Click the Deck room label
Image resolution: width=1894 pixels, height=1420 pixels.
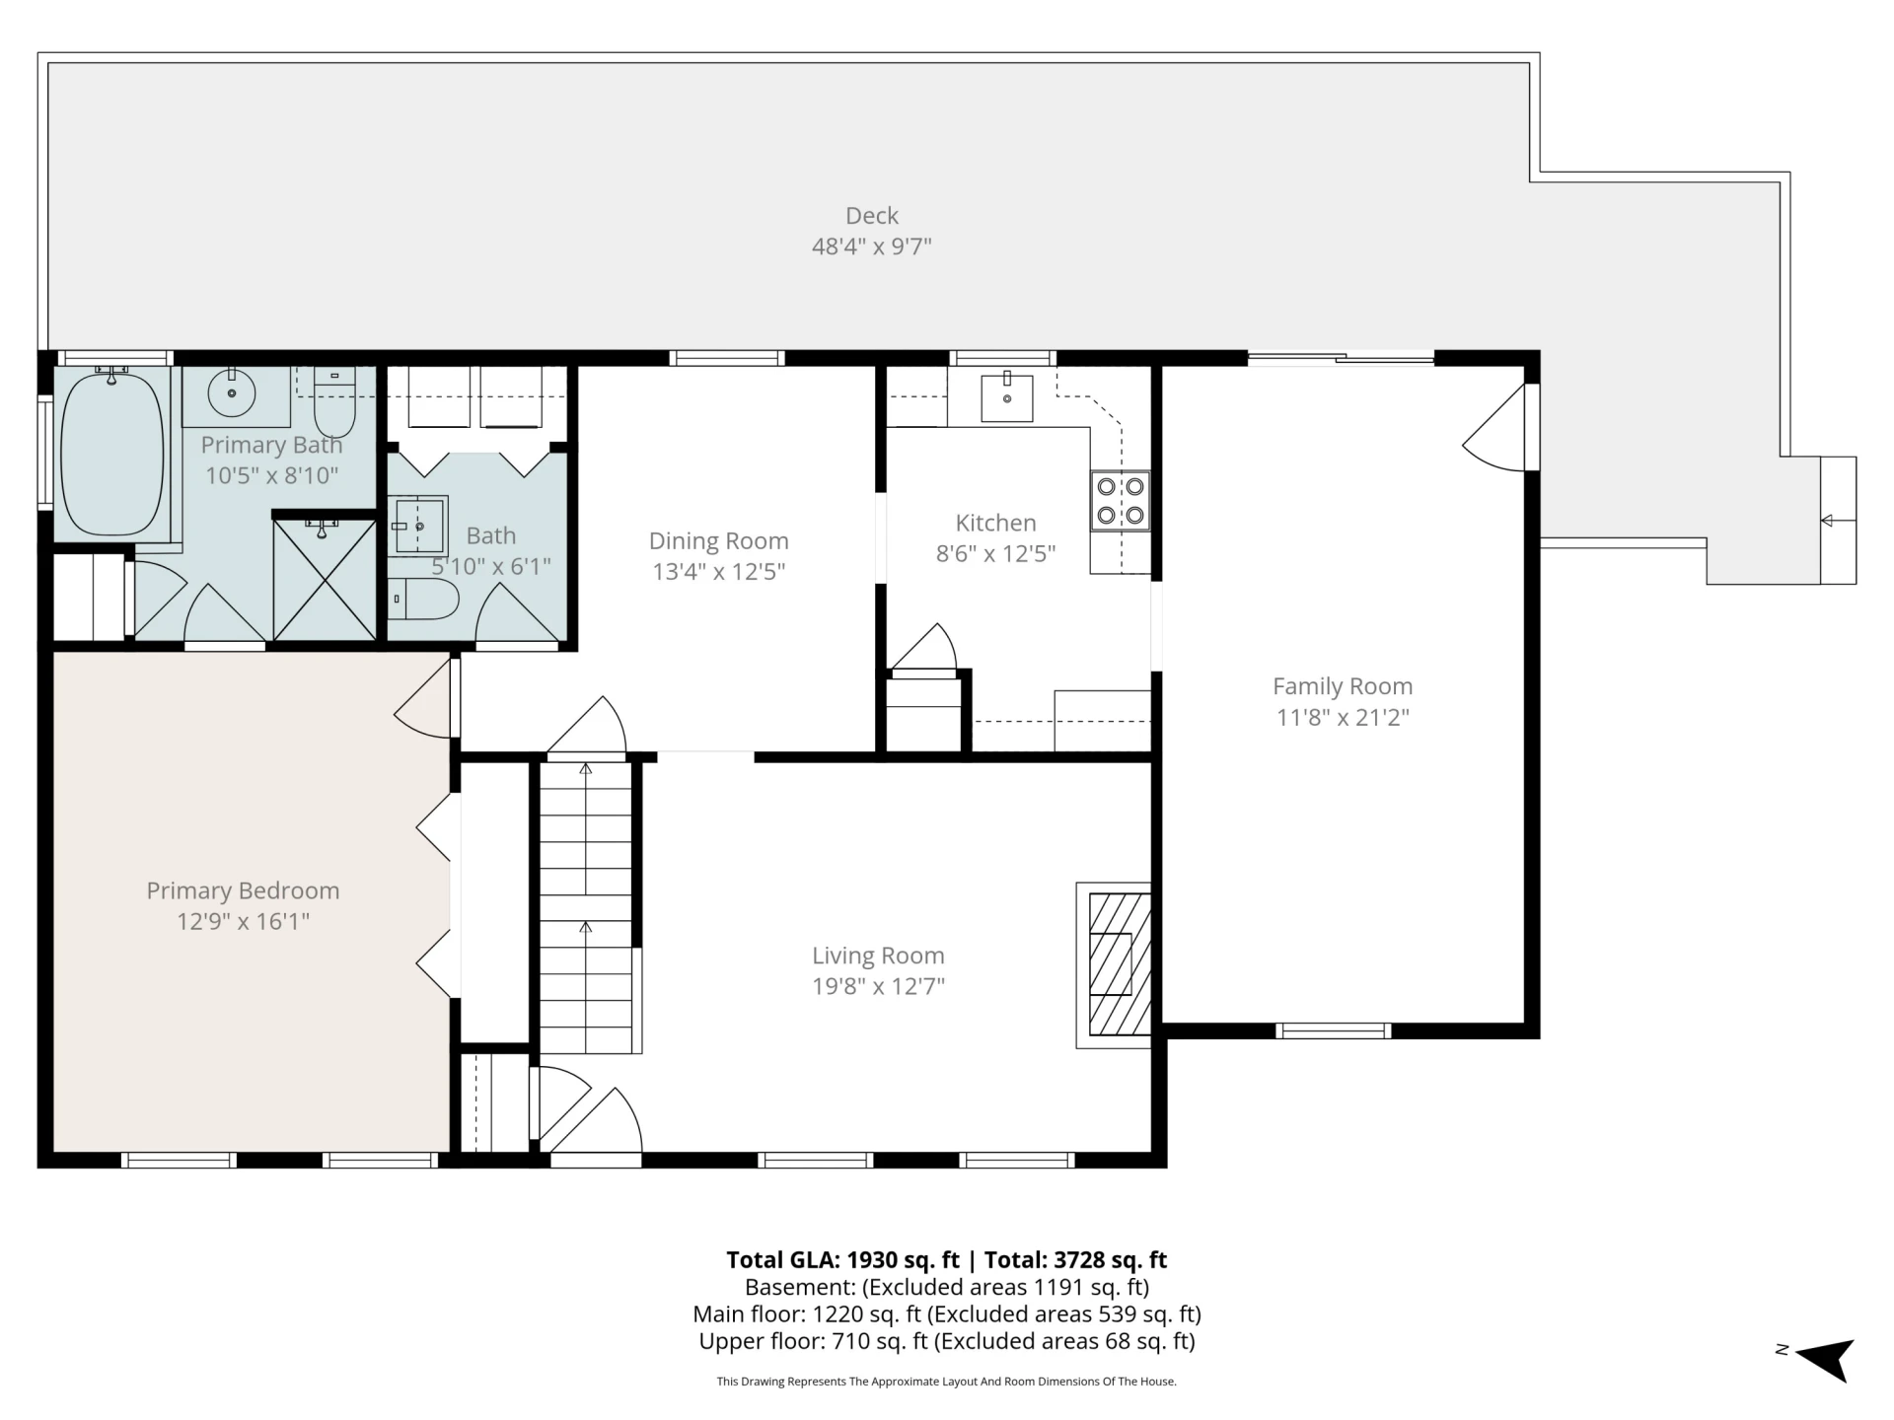872,215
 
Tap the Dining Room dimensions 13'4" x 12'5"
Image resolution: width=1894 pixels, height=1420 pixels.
718,571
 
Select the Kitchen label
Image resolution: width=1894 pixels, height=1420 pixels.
995,523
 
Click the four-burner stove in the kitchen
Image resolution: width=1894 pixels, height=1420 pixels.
1121,501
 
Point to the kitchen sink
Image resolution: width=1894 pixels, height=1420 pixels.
1007,396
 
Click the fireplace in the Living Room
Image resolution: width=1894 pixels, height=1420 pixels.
1114,964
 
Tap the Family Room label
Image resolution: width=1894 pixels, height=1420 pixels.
1343,686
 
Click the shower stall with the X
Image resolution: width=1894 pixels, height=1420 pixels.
325,579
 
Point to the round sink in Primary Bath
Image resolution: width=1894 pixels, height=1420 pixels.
233,393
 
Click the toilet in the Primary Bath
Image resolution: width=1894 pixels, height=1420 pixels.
334,402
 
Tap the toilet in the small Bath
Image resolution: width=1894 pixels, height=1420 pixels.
423,599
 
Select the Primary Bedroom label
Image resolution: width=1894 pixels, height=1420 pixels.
243,890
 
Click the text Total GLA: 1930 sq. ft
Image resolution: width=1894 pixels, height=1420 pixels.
842,1259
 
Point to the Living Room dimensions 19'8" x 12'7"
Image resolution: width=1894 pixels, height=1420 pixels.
878,986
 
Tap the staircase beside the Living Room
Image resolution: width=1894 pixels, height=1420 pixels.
586,906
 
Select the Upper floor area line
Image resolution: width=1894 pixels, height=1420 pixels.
947,1341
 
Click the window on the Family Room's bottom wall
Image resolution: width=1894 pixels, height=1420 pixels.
1333,1030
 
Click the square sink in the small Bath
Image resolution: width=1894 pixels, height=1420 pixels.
419,526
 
